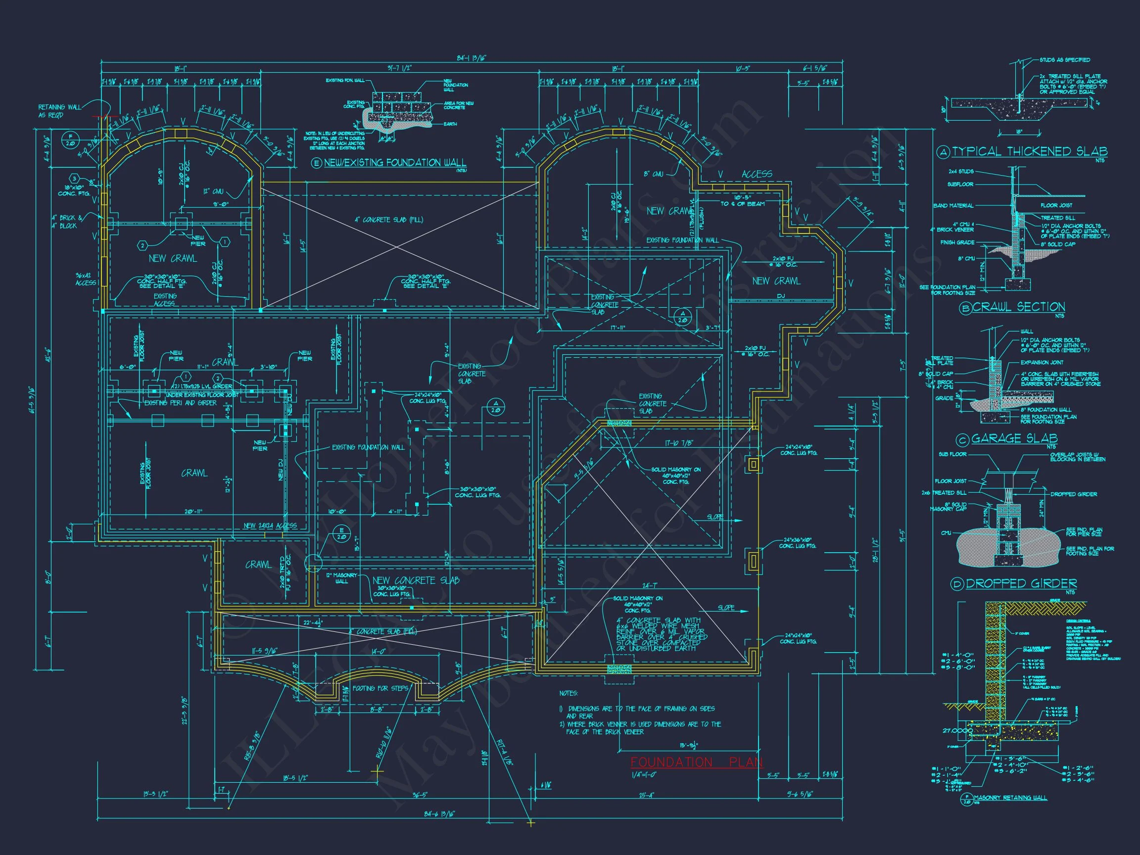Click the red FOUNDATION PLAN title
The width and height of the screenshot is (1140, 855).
point(696,762)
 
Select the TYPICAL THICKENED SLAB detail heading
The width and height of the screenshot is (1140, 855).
point(1029,151)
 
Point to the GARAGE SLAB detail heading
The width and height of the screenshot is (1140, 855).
point(1014,438)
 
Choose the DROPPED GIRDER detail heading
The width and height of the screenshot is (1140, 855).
point(1021,583)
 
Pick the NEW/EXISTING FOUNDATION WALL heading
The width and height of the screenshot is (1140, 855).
point(395,163)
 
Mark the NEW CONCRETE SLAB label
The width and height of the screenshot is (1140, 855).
point(416,580)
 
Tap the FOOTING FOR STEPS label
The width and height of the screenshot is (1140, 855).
point(380,688)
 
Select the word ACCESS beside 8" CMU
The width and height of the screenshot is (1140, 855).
point(757,174)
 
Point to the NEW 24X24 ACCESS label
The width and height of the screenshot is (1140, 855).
point(270,525)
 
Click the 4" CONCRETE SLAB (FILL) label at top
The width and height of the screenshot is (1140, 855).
point(388,220)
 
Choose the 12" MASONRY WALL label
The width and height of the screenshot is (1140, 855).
point(341,578)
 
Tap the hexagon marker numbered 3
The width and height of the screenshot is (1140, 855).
point(74,178)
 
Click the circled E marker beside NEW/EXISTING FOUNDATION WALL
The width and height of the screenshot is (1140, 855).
point(317,163)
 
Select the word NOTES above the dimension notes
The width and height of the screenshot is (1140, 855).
point(569,693)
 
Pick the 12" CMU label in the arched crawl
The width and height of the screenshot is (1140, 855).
point(213,191)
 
